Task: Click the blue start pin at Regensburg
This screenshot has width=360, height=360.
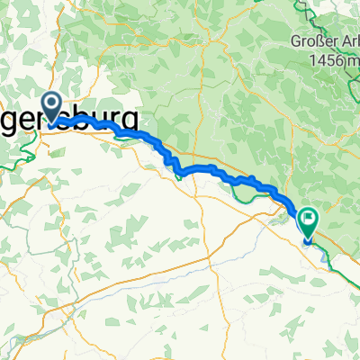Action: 50,106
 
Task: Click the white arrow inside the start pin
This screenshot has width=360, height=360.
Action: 50,104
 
